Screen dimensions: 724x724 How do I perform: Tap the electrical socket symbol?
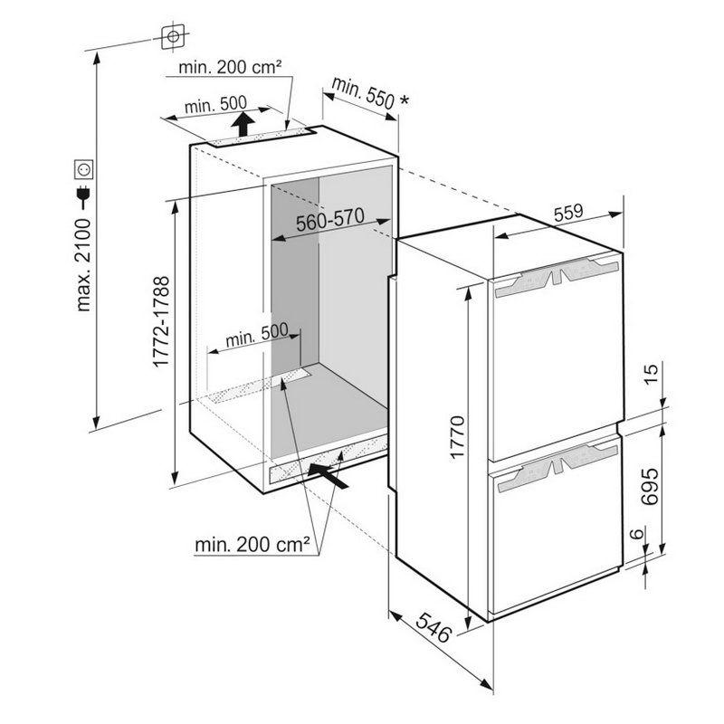(x=83, y=169)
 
